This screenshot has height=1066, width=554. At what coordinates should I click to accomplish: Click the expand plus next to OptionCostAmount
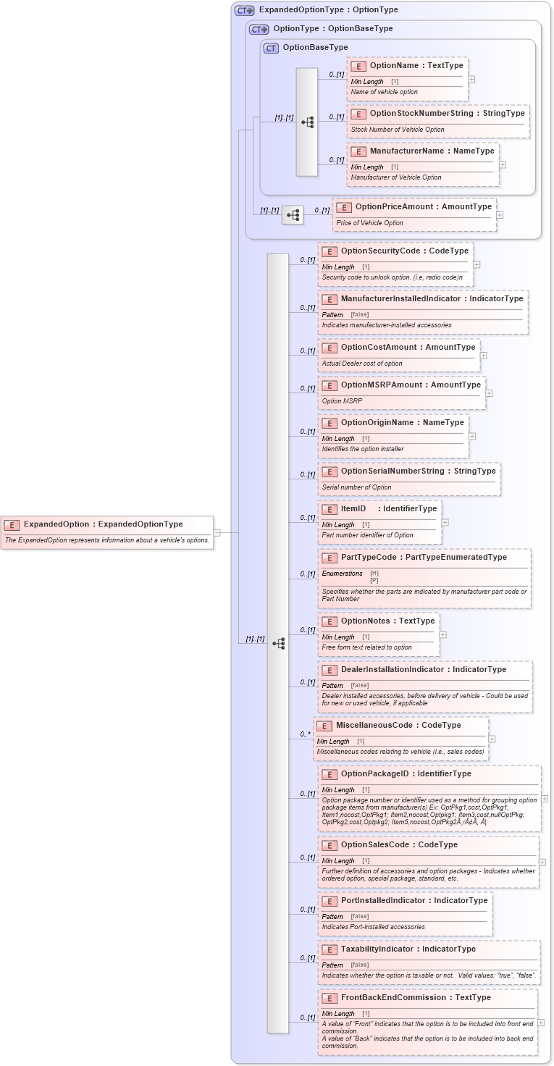click(x=484, y=356)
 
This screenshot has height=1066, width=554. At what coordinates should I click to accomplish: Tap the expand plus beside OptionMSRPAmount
click(x=489, y=393)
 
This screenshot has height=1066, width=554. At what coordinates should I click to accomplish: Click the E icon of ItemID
click(x=330, y=509)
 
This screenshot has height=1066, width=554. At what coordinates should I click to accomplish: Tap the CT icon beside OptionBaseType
click(x=271, y=48)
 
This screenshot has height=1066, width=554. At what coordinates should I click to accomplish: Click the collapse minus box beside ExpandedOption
click(x=217, y=532)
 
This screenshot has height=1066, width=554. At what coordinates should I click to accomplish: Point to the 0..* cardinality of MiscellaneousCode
click(x=305, y=734)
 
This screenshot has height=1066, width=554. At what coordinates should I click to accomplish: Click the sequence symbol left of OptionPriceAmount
click(x=293, y=215)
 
